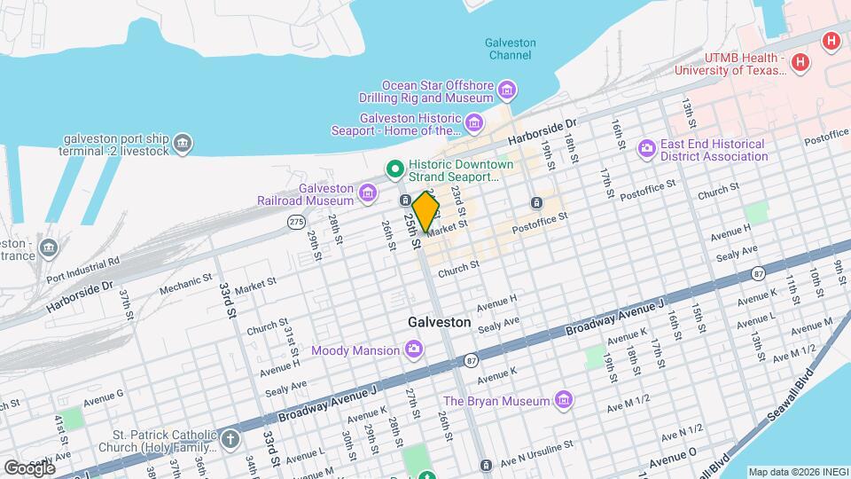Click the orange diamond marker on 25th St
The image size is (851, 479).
click(426, 212)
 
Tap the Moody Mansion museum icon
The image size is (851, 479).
click(413, 350)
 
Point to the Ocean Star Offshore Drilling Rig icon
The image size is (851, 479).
click(506, 89)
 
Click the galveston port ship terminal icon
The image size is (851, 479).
click(182, 143)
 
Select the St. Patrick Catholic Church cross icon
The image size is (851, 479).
click(230, 438)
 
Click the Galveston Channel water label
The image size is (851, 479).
click(511, 49)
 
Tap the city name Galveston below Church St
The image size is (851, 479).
click(439, 323)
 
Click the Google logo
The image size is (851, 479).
click(28, 467)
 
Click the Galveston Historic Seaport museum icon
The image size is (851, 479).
click(475, 122)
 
